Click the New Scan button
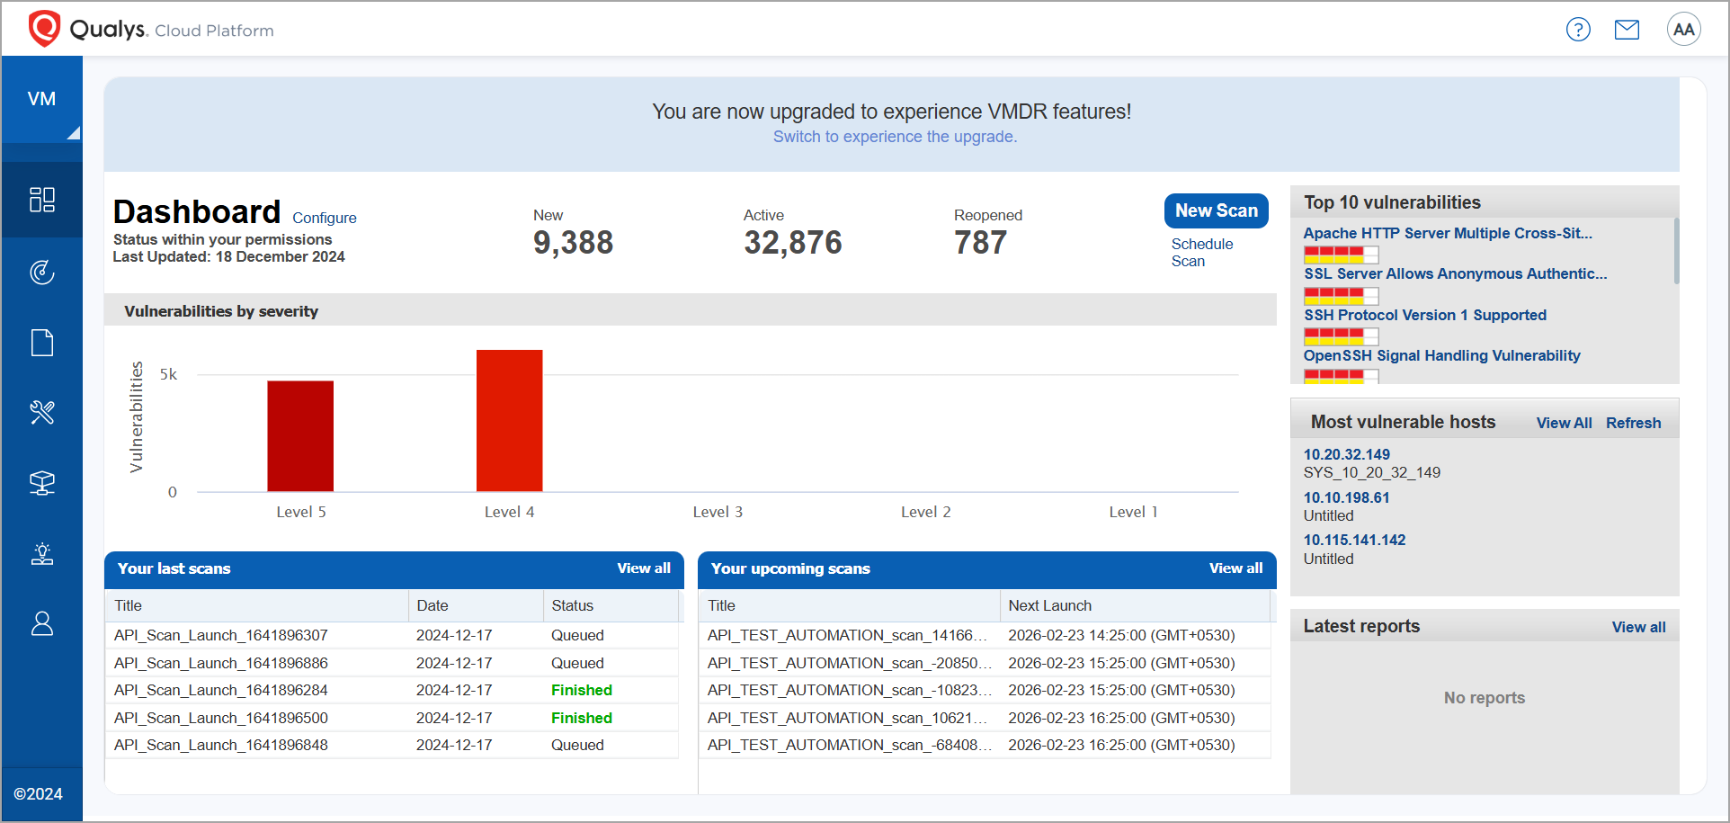[x=1216, y=210]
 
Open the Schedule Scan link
[x=1201, y=253]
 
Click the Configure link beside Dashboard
[x=324, y=218]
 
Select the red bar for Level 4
[x=509, y=420]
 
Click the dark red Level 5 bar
[x=300, y=435]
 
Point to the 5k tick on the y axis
[x=168, y=374]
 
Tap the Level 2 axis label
[x=925, y=512]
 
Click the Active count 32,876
[x=792, y=242]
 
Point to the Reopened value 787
[x=980, y=242]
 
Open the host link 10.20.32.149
[x=1346, y=454]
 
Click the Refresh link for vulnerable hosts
[x=1633, y=423]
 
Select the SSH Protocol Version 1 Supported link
[x=1425, y=315]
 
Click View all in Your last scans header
[x=644, y=568]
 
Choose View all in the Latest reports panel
[x=1638, y=627]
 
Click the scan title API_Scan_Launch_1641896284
[x=221, y=690]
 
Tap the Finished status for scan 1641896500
[x=581, y=718]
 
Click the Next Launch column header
[x=1049, y=605]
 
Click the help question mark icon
[x=1578, y=30]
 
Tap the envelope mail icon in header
[x=1627, y=30]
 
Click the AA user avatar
[x=1683, y=30]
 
